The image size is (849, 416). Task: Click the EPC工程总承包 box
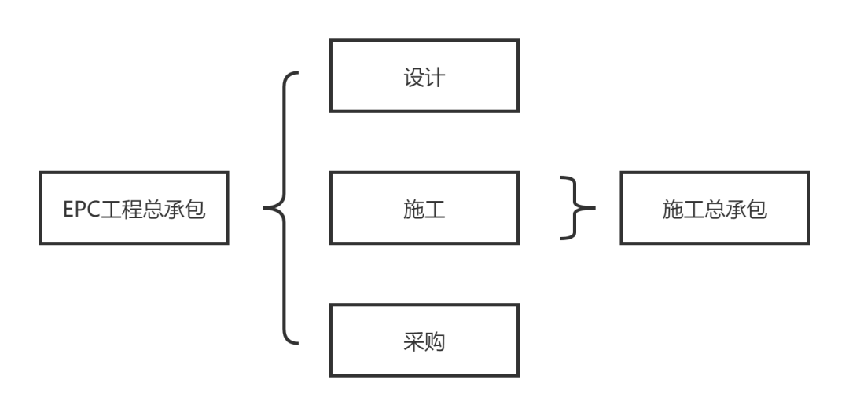tap(134, 208)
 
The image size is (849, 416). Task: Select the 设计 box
tap(424, 76)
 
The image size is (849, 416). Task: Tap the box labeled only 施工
tap(424, 208)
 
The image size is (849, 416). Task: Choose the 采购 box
tap(424, 341)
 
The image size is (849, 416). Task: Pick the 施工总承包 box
tap(715, 208)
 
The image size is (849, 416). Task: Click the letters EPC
tap(82, 210)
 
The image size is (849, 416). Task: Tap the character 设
tap(413, 78)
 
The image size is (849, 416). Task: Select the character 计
tap(435, 78)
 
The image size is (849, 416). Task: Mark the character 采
tap(413, 342)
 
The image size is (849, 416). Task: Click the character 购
tap(435, 342)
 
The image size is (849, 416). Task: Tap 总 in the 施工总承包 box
tap(715, 210)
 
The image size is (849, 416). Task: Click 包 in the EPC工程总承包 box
tap(196, 210)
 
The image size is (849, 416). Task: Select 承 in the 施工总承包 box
tap(736, 210)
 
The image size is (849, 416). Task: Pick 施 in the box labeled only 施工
tap(413, 210)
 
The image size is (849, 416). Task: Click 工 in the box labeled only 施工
tap(435, 210)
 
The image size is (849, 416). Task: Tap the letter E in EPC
tap(69, 210)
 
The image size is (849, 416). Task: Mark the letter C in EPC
tap(94, 210)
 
